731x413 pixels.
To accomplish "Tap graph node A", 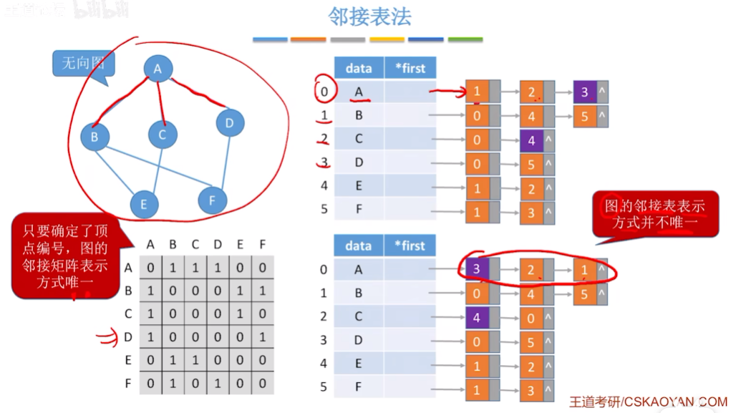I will click(x=158, y=69).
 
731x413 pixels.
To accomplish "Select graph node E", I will click(x=144, y=204).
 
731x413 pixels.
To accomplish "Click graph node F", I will click(x=212, y=200).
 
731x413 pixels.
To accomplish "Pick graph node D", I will click(x=229, y=123).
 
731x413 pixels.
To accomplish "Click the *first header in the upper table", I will click(x=410, y=68).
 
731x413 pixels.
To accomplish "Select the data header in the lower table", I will click(x=359, y=246).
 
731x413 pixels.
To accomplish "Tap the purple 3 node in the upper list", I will click(x=585, y=92).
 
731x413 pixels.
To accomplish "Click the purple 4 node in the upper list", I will click(x=532, y=141).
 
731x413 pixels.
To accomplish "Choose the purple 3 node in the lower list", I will click(x=477, y=268).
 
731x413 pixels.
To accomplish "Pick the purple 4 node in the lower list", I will click(x=477, y=316).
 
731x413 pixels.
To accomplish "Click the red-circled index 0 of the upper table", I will click(x=324, y=92).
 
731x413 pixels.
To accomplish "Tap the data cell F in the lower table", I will click(x=359, y=387).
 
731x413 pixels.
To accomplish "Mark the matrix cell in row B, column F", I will click(x=262, y=291).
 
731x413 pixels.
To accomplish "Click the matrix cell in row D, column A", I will click(x=150, y=337).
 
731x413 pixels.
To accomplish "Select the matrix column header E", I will click(x=240, y=245).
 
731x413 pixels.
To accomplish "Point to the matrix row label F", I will click(x=128, y=383).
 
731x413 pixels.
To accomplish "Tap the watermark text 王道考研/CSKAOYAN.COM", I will click(x=648, y=402).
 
